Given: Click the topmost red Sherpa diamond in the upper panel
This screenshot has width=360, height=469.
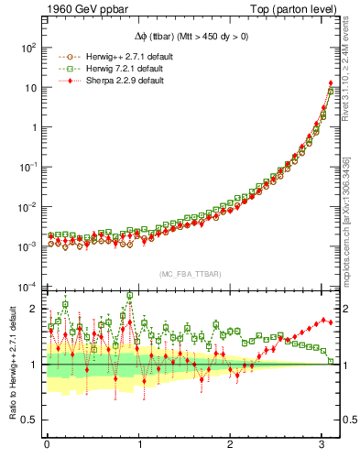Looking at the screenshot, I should coord(330,83).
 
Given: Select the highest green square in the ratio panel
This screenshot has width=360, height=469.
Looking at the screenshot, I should coord(130,296).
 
